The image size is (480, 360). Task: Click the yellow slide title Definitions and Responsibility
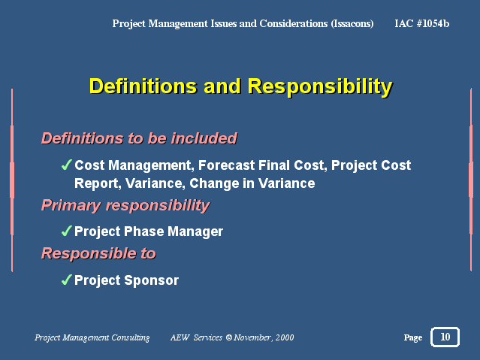241,86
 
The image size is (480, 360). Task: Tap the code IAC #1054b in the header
422,23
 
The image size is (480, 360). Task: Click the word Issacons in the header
352,24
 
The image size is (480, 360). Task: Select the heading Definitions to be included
139,138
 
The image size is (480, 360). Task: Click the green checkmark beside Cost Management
67,165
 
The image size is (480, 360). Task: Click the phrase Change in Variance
252,183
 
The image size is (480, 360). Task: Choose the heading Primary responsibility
125,206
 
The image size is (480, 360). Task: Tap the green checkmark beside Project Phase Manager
67,231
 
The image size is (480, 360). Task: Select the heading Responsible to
98,254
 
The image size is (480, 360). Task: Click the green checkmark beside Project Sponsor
67,280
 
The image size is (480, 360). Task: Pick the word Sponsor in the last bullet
152,280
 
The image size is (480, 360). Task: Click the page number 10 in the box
445,337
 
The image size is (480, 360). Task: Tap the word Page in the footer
413,337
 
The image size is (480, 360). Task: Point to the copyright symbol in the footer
229,337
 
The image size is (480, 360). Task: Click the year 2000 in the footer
285,337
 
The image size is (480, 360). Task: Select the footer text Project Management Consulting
92,337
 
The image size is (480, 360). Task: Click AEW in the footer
180,337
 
